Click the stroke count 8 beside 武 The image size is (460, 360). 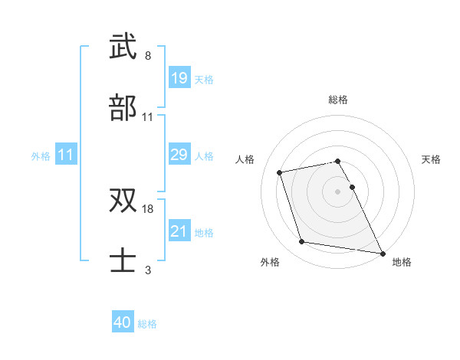(148, 56)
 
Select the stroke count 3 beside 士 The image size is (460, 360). (148, 270)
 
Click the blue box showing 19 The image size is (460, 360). (179, 78)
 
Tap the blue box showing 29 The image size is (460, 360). (179, 155)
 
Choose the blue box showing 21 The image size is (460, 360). (179, 231)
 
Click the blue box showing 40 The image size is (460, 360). (123, 322)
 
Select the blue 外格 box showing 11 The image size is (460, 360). (66, 155)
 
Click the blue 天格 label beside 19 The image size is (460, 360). (204, 79)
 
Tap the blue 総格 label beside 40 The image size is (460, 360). (147, 324)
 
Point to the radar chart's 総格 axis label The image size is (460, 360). (338, 100)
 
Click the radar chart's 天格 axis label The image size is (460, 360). (432, 159)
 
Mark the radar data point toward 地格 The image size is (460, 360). (382, 252)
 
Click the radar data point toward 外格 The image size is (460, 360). (302, 242)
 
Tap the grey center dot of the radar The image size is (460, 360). (338, 191)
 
